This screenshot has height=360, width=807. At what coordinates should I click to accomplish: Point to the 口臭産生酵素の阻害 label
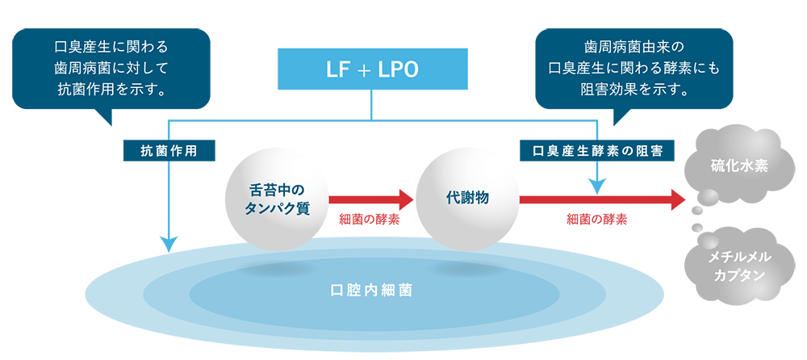(598, 150)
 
